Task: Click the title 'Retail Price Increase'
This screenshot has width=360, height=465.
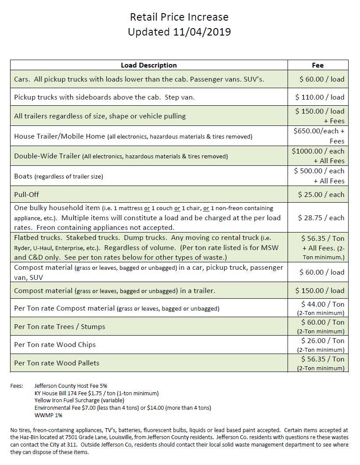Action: pyautogui.click(x=179, y=17)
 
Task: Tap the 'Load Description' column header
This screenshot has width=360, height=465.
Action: pyautogui.click(x=148, y=65)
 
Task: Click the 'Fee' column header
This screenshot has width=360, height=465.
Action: pyautogui.click(x=317, y=65)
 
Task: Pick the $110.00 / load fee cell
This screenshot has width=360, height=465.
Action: pyautogui.click(x=320, y=97)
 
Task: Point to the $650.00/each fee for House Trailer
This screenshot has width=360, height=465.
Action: pyautogui.click(x=319, y=131)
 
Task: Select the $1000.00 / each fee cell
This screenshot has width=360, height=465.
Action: pyautogui.click(x=318, y=151)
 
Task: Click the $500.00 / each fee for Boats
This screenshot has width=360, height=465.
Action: pyautogui.click(x=319, y=171)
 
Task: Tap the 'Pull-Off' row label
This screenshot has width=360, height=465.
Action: pyautogui.click(x=26, y=194)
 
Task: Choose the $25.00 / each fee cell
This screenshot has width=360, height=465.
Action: pyautogui.click(x=321, y=194)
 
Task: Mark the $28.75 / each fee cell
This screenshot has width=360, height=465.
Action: pyautogui.click(x=321, y=218)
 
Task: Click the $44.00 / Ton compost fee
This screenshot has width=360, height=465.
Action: pyautogui.click(x=322, y=304)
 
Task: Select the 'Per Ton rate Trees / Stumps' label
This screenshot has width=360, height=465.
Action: pyautogui.click(x=60, y=327)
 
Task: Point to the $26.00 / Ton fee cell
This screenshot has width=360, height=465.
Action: pyautogui.click(x=322, y=341)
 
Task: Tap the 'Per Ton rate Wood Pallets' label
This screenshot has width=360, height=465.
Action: pyautogui.click(x=57, y=363)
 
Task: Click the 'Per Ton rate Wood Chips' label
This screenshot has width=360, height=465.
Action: pyautogui.click(x=55, y=345)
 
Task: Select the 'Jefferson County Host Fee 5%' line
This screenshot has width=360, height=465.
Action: pyautogui.click(x=71, y=386)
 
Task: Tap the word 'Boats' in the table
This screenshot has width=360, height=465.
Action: pyautogui.click(x=23, y=176)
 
